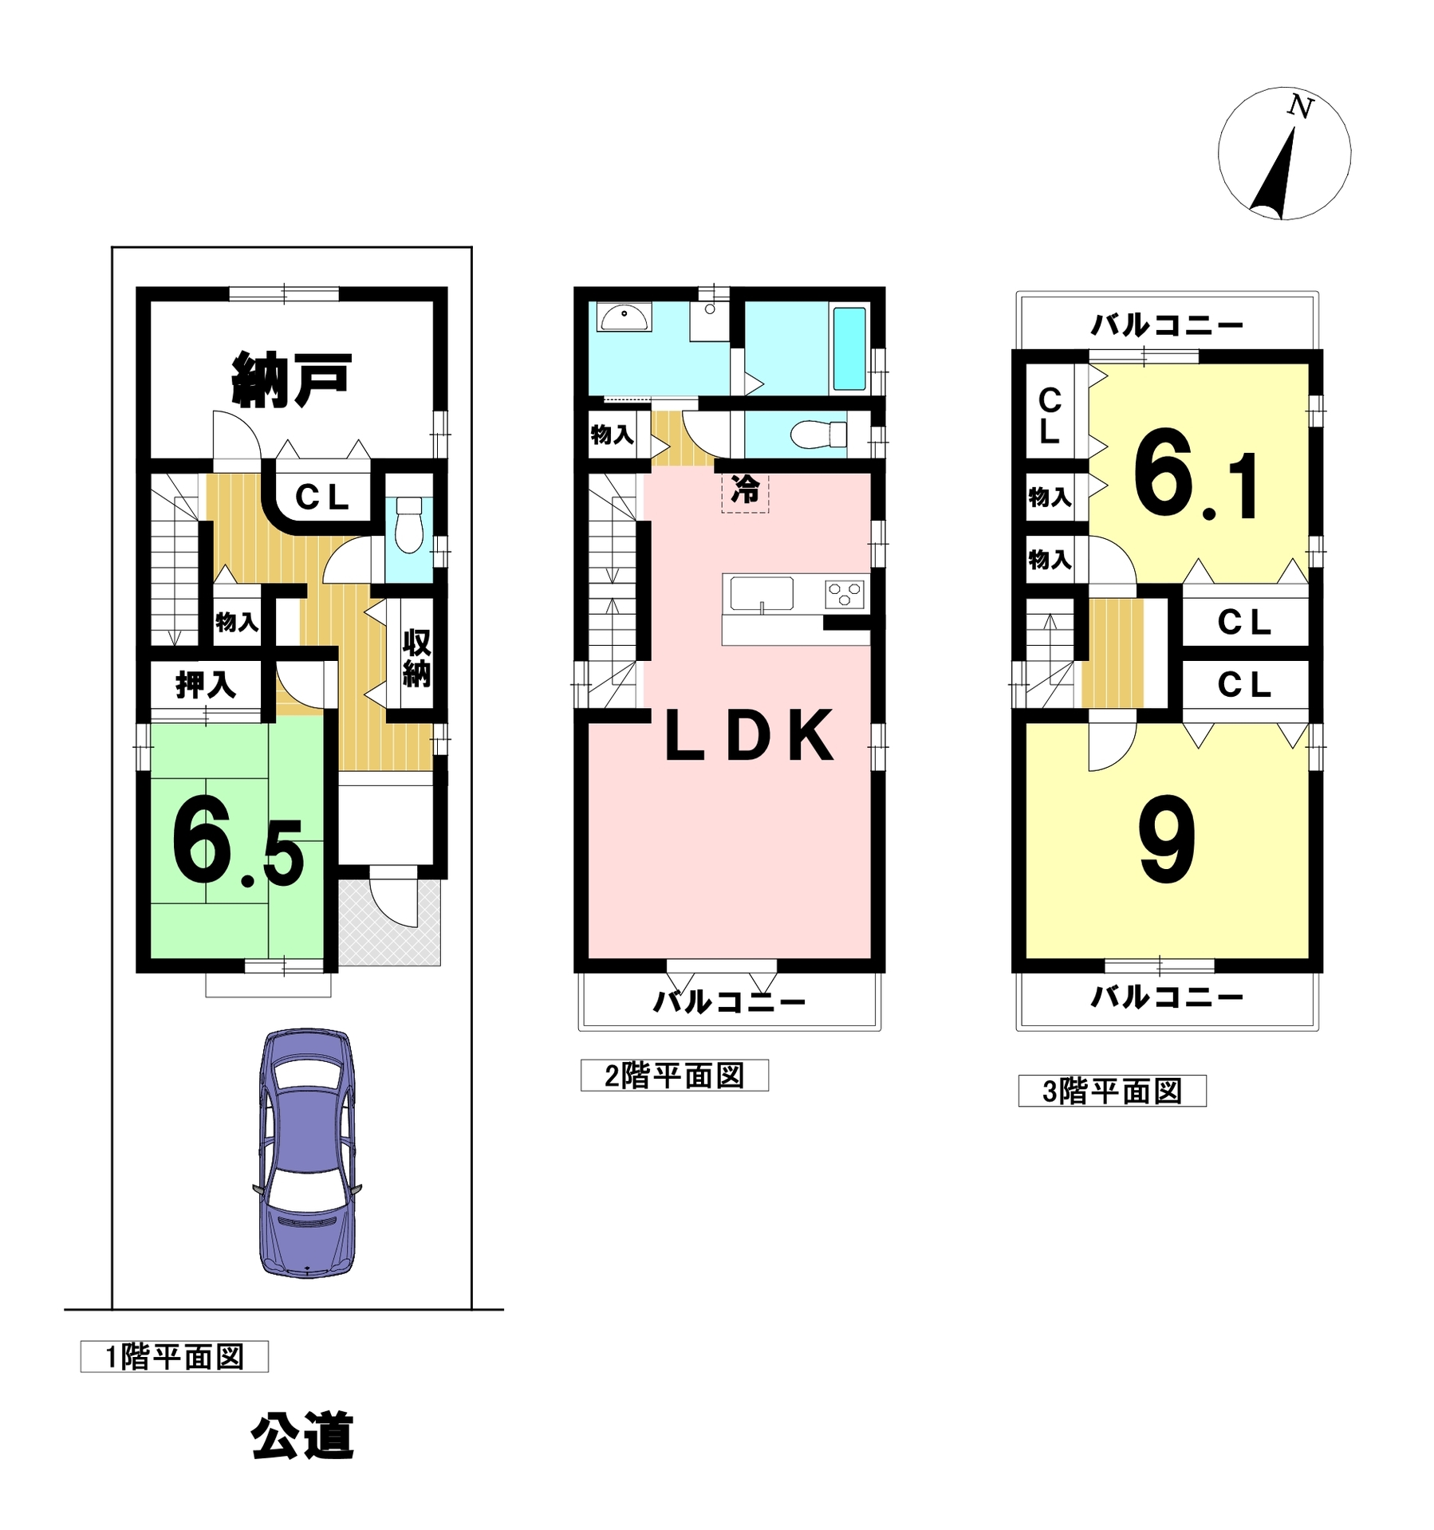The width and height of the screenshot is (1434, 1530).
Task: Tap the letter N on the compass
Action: click(x=1301, y=107)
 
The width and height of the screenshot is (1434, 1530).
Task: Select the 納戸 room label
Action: click(x=292, y=380)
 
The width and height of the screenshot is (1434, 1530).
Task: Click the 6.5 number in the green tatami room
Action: click(x=238, y=841)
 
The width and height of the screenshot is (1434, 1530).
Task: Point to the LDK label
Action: click(x=749, y=736)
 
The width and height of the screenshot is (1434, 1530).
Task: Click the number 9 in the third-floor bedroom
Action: click(x=1166, y=840)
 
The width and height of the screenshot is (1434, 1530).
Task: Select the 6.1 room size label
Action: click(x=1196, y=475)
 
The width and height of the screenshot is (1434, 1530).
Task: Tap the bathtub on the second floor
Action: click(x=849, y=348)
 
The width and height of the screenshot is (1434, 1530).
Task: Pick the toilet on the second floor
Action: click(x=818, y=435)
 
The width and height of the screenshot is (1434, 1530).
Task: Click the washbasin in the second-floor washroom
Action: click(x=624, y=317)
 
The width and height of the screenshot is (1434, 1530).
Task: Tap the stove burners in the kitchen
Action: click(x=845, y=595)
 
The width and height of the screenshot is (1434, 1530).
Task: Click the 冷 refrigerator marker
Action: click(x=746, y=489)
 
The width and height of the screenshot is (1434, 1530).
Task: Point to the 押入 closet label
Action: click(x=206, y=684)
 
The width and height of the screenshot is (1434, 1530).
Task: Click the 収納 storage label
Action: click(x=416, y=658)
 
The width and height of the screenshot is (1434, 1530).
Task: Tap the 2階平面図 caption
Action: click(x=674, y=1076)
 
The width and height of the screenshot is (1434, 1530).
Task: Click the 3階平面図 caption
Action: click(x=1112, y=1091)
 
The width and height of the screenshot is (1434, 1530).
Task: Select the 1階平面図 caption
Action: click(x=174, y=1356)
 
